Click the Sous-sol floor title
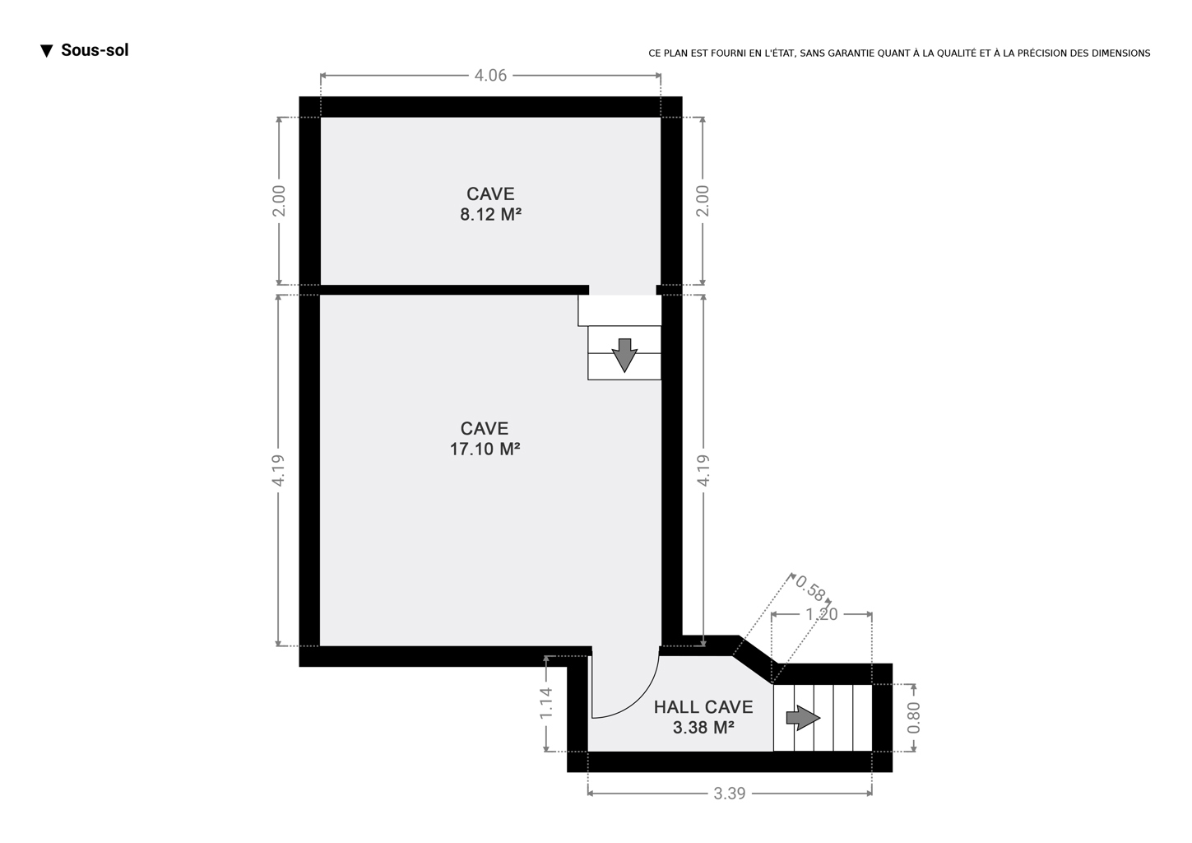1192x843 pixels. (95, 50)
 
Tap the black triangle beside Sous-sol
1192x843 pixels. (47, 51)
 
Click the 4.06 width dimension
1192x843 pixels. (490, 76)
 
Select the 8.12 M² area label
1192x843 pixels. (490, 215)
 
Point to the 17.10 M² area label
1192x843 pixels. (485, 449)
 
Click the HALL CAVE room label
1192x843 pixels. (703, 707)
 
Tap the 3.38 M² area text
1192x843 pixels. (703, 728)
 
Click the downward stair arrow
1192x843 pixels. (624, 355)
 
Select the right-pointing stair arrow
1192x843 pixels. (804, 718)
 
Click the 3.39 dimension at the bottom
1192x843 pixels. (730, 794)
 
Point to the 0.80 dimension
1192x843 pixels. (913, 717)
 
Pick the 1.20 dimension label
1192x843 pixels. (822, 614)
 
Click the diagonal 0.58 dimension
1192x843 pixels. (809, 589)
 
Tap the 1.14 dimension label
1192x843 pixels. (546, 703)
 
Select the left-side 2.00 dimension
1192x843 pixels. (279, 201)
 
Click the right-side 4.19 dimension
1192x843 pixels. (703, 470)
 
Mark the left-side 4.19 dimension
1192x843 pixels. (278, 470)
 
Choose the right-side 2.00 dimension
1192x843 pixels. (703, 201)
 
